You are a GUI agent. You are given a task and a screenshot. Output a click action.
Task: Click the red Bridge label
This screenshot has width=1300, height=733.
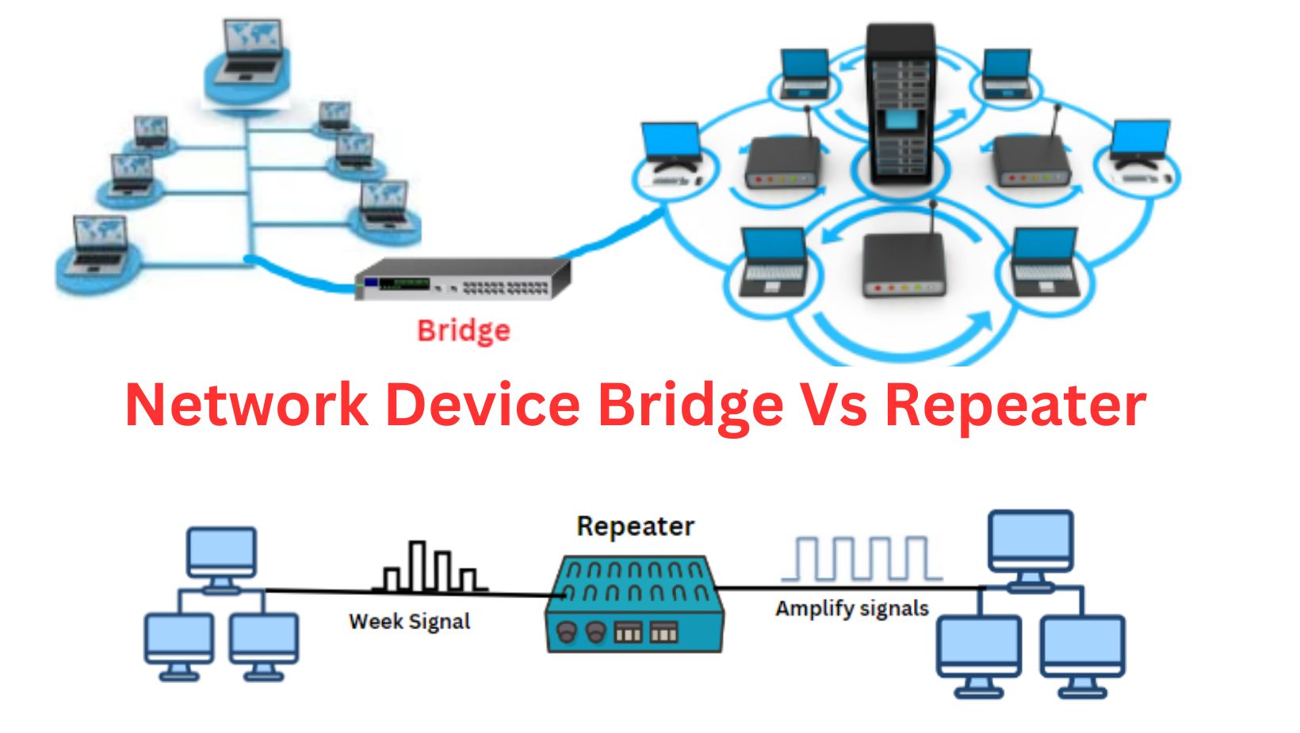[x=464, y=330]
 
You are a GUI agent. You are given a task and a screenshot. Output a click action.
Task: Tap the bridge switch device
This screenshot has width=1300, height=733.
[x=463, y=279]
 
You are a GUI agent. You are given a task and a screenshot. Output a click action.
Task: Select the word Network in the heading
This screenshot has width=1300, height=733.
[x=247, y=405]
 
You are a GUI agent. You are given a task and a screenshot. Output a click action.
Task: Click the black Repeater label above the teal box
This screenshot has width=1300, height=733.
[x=635, y=527]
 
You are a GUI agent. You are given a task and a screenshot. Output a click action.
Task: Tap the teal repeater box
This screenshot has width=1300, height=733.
[x=635, y=604]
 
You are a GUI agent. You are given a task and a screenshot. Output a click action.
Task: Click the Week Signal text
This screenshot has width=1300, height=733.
[x=409, y=621]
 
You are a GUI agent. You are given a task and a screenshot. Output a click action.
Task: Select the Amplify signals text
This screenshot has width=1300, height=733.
[x=851, y=608]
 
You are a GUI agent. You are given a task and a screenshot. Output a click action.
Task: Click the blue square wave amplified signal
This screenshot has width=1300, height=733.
[x=862, y=558]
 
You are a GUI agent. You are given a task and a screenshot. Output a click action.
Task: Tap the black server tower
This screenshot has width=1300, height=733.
[x=900, y=103]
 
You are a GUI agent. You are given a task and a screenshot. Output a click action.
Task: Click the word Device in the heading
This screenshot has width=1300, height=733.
[x=483, y=405]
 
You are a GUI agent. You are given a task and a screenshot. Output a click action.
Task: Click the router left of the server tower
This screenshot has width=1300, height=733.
[x=781, y=162]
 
